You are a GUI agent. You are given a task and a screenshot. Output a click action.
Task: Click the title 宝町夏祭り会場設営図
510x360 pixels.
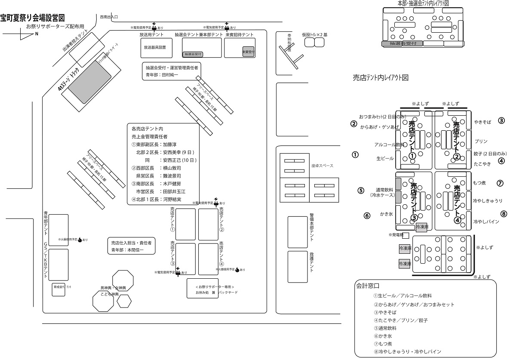(x=33, y=18)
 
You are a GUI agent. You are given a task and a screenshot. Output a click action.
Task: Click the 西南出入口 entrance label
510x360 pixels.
(x=109, y=17)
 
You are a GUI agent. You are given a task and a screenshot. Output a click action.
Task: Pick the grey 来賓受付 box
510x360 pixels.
(x=248, y=52)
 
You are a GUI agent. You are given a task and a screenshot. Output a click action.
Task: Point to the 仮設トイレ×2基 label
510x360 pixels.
(x=314, y=34)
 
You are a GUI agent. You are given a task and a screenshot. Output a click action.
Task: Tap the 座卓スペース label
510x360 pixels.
(x=323, y=166)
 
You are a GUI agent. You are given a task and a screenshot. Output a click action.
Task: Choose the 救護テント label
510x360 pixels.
(x=311, y=262)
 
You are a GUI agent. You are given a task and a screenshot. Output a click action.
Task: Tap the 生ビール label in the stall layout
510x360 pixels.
(x=385, y=158)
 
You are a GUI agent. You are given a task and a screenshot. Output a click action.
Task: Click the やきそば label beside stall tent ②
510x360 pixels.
(x=482, y=122)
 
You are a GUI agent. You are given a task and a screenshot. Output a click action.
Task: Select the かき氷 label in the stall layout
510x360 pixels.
(x=387, y=214)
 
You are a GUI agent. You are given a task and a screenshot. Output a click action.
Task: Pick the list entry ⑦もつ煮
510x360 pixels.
(x=384, y=344)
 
